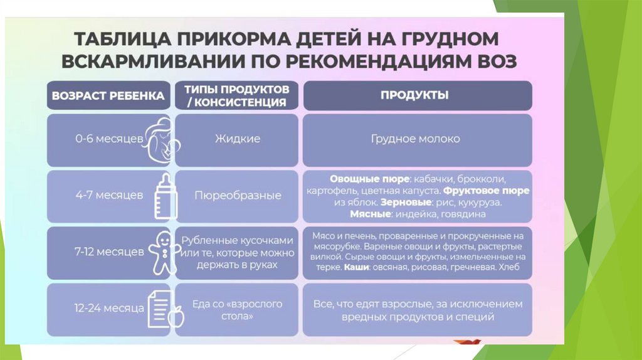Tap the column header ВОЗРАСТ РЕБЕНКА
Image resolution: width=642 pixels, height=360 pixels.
tap(108, 96)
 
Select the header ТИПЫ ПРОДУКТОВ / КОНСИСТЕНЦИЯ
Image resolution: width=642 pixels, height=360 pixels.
tap(236, 95)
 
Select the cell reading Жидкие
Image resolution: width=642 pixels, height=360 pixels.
tap(237, 138)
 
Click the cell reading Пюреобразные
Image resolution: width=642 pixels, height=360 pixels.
tap(237, 195)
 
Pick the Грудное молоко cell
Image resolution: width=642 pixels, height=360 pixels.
tap(415, 138)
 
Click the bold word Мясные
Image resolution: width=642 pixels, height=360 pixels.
tap(370, 214)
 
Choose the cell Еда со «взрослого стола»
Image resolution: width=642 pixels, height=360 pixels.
tap(237, 310)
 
